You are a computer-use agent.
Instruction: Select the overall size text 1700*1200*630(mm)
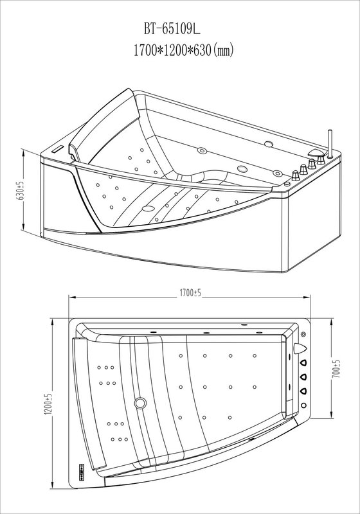[183, 50]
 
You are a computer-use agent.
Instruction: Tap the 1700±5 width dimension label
[190, 294]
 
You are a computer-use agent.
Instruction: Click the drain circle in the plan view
[140, 402]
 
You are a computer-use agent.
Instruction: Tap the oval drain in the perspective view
[148, 208]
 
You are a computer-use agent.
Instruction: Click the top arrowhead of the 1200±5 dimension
[53, 322]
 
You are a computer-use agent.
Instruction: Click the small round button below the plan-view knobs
[303, 405]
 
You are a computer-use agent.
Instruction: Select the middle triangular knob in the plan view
[303, 377]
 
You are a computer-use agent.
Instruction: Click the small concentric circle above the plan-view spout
[303, 334]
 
